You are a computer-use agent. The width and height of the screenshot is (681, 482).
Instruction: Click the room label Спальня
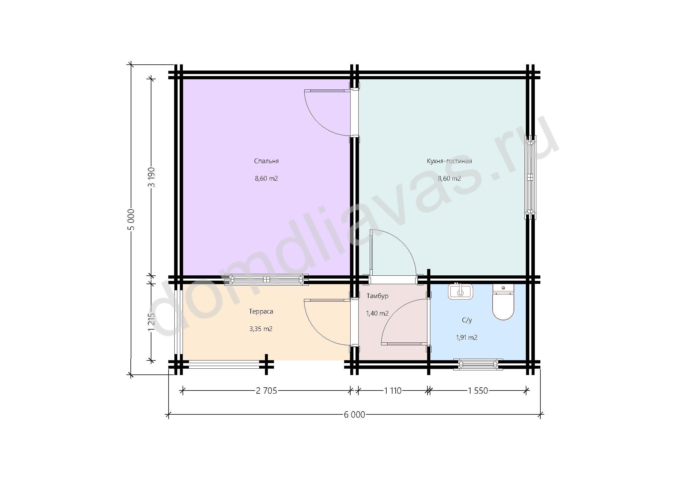266,161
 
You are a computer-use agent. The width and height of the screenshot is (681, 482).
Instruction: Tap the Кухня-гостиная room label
449,161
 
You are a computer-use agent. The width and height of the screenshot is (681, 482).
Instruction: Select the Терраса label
261,311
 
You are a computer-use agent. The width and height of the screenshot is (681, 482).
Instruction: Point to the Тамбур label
377,296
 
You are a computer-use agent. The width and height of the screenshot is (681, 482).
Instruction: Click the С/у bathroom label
467,320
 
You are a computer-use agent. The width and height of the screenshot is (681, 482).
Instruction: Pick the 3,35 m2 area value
261,329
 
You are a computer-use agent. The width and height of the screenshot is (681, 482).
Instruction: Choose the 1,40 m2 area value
377,314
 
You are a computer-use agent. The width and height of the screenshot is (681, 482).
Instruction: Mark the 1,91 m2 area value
466,337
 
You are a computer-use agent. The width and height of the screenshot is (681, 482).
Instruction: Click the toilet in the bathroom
503,302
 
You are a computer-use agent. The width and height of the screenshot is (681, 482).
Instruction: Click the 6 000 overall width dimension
354,415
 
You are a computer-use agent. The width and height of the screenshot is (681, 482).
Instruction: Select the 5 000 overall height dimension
132,220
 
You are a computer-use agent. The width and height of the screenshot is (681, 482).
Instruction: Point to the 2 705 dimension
266,391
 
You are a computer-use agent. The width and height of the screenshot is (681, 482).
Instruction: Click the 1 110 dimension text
393,391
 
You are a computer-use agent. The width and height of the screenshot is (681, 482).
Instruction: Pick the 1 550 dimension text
478,391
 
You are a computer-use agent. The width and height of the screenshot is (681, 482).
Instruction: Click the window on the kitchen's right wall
530,177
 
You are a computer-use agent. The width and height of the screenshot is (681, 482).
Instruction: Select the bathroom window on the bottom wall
478,364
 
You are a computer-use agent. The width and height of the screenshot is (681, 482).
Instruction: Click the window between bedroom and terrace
266,279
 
